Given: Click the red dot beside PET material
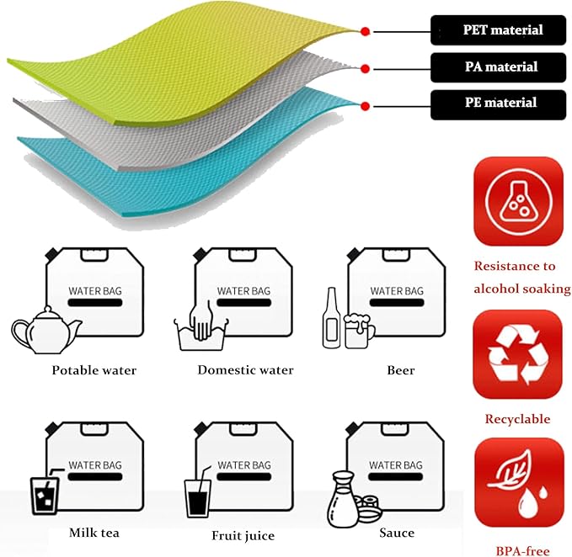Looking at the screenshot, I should click(x=365, y=31).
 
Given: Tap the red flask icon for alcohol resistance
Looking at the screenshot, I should click(x=517, y=203).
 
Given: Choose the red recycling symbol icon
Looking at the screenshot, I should click(x=517, y=356).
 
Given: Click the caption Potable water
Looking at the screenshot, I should click(x=94, y=370).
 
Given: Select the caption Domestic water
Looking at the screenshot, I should click(x=245, y=370).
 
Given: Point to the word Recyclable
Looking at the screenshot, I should click(x=517, y=419).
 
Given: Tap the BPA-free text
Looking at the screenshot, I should click(x=517, y=550).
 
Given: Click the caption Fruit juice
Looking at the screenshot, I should click(x=243, y=535).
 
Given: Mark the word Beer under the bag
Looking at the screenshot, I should click(x=401, y=370).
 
